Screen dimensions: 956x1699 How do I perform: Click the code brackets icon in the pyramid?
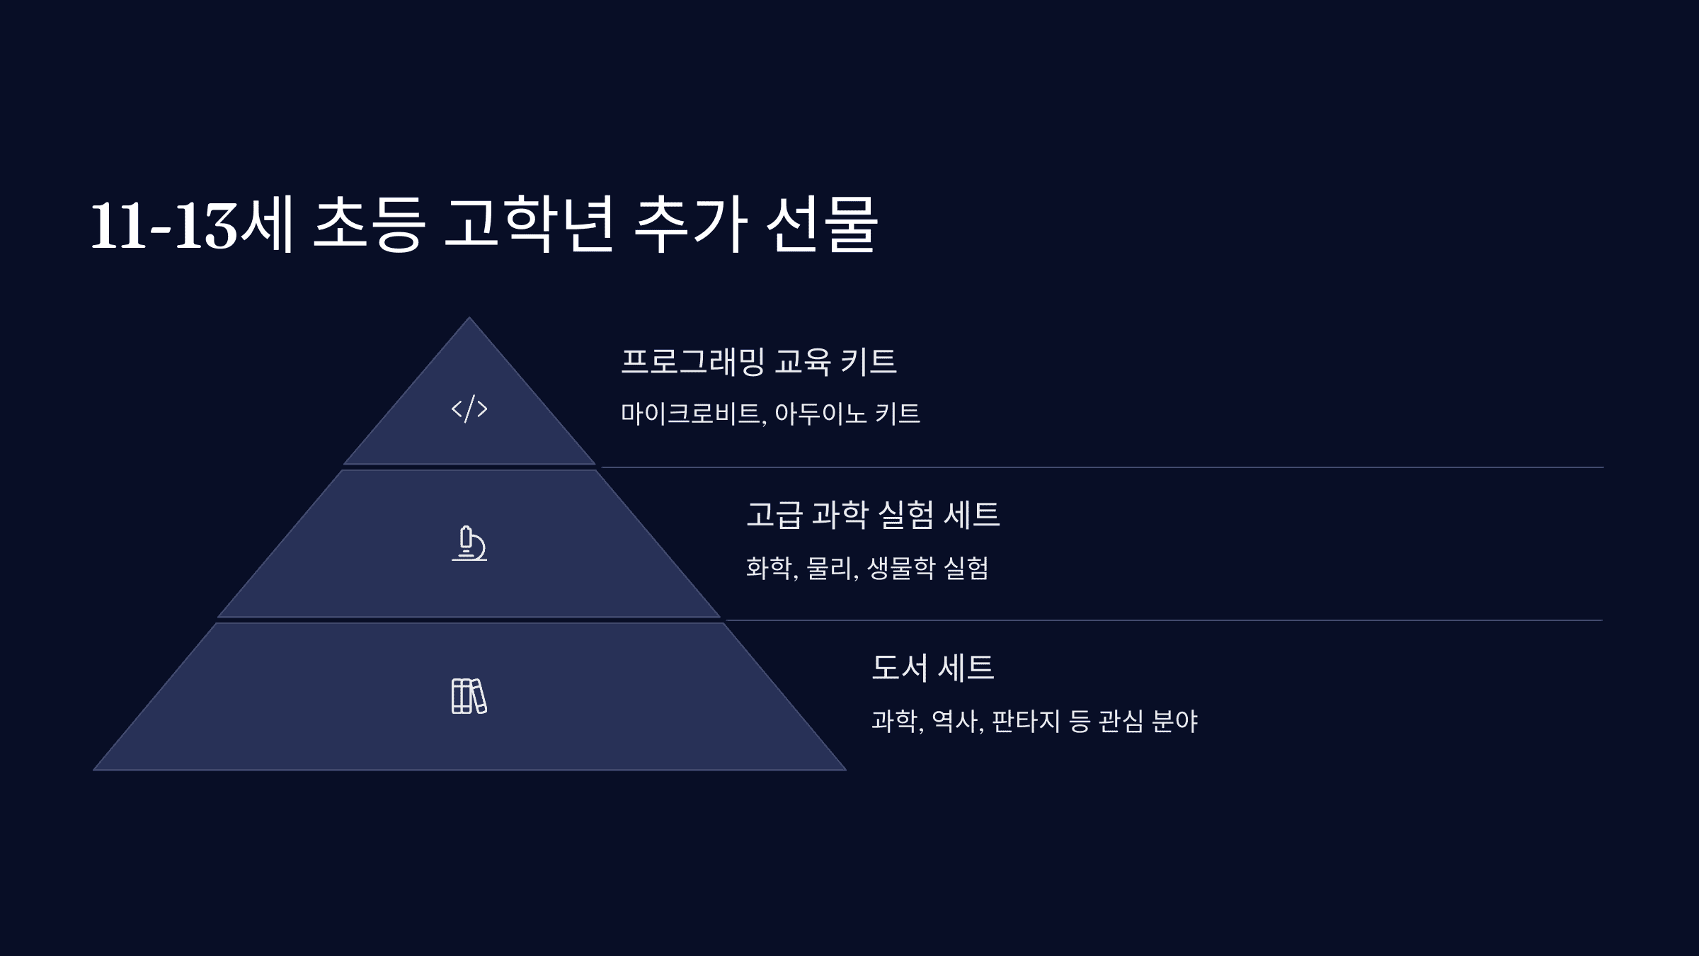(469, 409)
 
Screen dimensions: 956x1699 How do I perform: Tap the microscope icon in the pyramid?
(469, 544)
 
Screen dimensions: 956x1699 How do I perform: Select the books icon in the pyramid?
(469, 696)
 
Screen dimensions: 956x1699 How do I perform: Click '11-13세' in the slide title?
(192, 225)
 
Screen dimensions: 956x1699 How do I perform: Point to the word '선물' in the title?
(822, 225)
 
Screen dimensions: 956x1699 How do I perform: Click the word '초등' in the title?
(368, 225)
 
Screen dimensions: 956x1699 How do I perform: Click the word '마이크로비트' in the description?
(691, 414)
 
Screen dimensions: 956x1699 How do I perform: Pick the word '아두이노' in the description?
(820, 414)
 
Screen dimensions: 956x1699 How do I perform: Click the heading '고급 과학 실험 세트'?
(873, 515)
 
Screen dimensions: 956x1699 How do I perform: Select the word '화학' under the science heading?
(770, 568)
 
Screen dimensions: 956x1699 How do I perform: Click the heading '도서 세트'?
(932, 668)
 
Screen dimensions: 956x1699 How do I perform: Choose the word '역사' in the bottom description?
(955, 722)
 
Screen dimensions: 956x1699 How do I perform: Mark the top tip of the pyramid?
(469, 319)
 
